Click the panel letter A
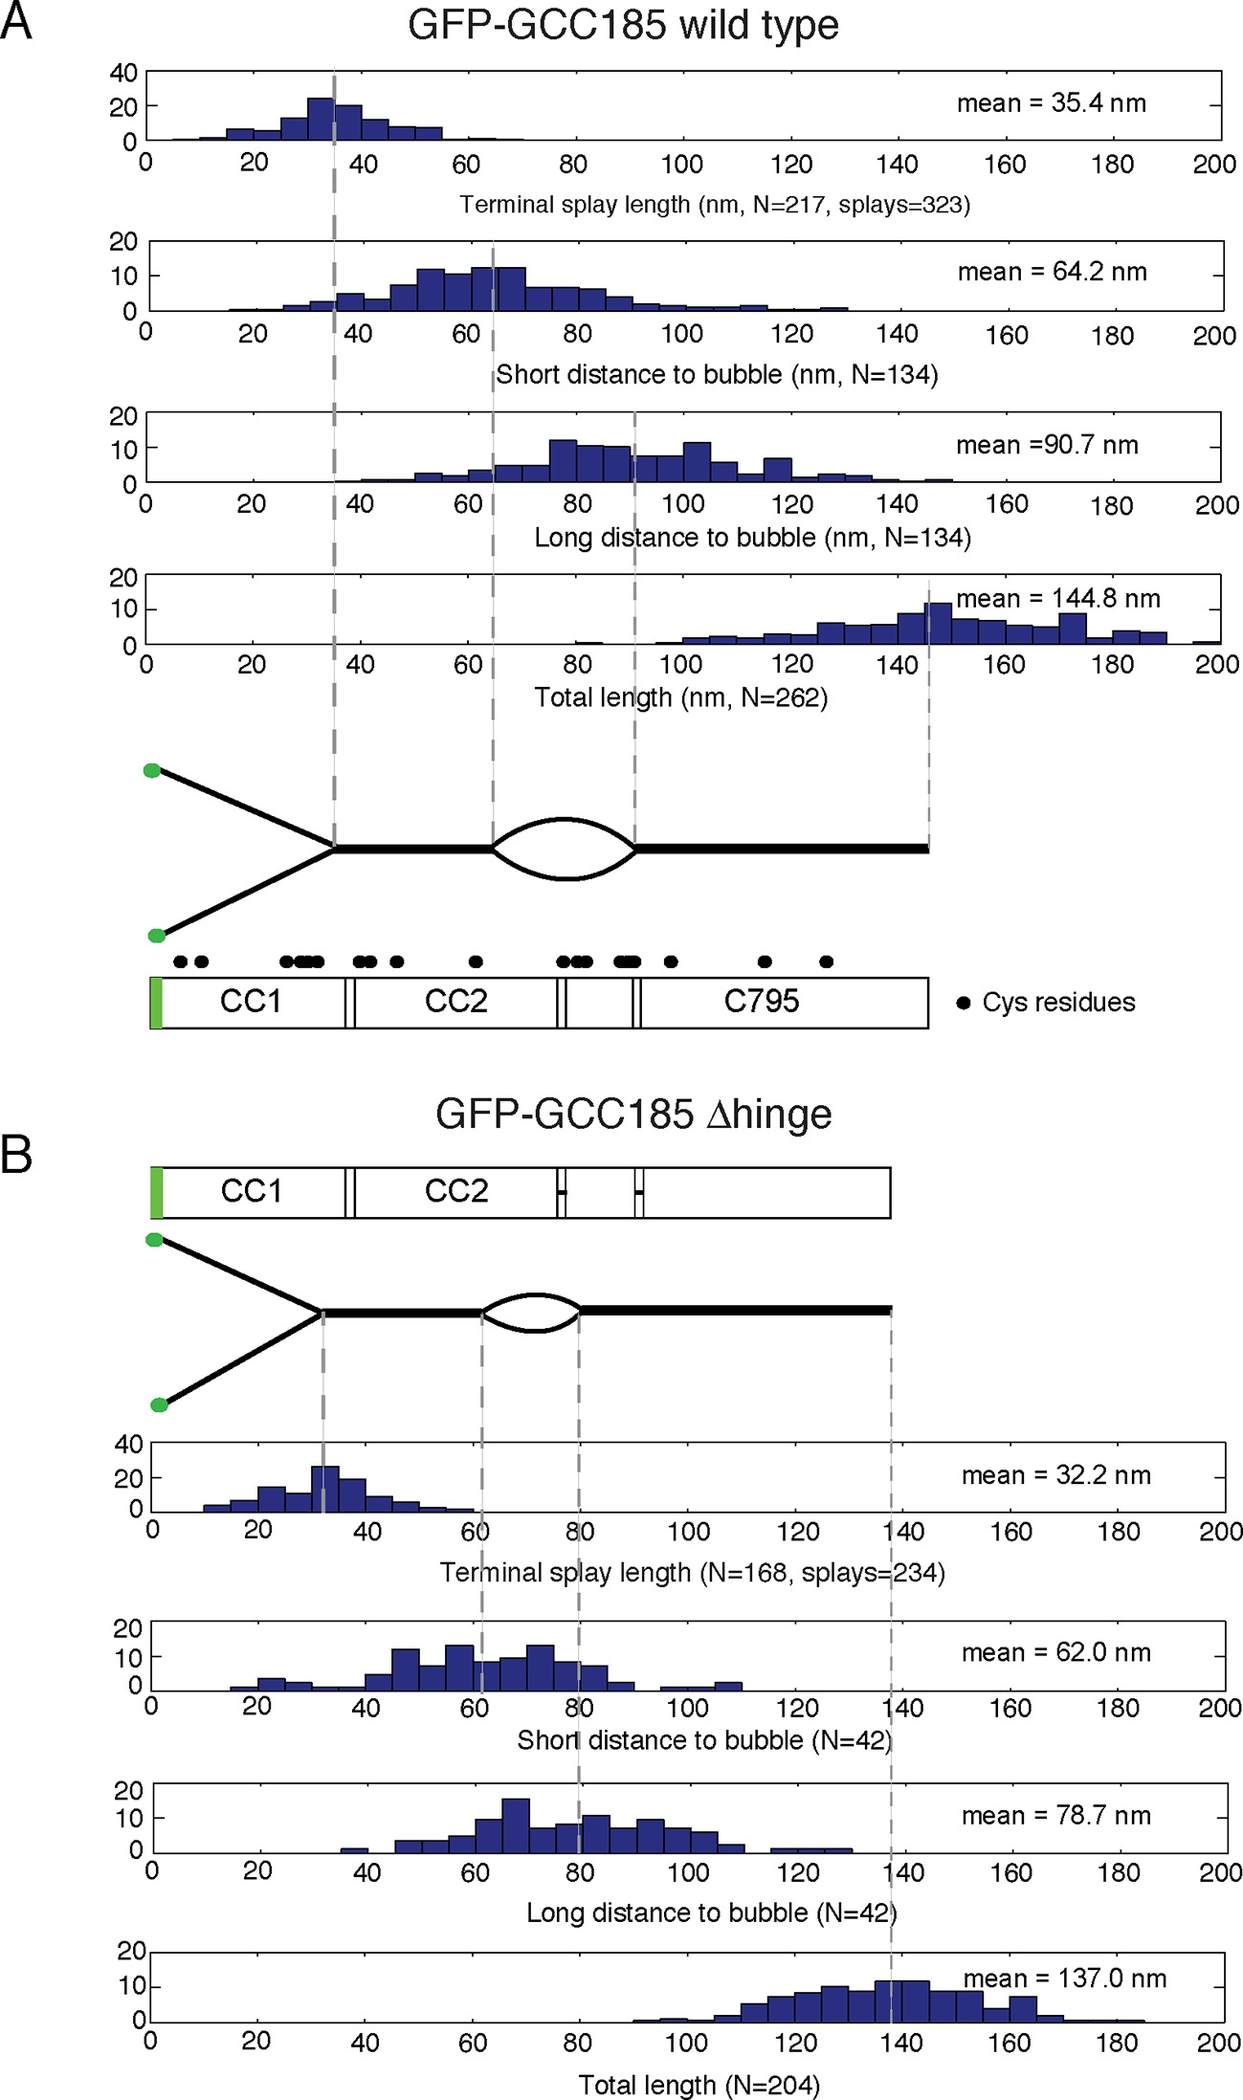click(x=16, y=21)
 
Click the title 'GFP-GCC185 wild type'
click(x=623, y=25)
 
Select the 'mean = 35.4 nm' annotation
click(x=1051, y=103)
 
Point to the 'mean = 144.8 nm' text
click(x=1057, y=599)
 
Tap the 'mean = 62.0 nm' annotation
click(x=1055, y=1652)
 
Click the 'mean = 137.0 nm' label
click(x=1064, y=1978)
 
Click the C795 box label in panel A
click(x=761, y=1002)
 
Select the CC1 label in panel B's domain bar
click(x=252, y=1191)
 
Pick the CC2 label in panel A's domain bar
click(x=455, y=1002)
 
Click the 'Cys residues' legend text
click(x=1058, y=1003)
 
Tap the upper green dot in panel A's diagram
click(x=152, y=770)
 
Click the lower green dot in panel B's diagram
click(x=159, y=1404)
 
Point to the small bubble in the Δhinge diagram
click(x=532, y=1313)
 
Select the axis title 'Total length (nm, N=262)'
click(x=680, y=697)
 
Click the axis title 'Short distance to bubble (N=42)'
click(x=704, y=1740)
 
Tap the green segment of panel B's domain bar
click(x=157, y=1192)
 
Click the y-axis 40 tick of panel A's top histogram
click(x=123, y=74)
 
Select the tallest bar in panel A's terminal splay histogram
click(x=321, y=119)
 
